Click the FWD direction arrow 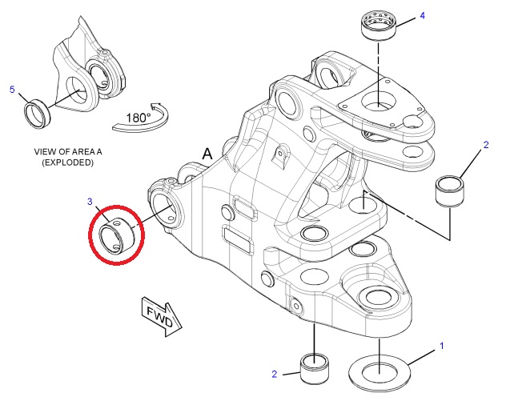[162, 316]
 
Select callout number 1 [442, 346]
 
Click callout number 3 [90, 202]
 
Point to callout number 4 [423, 15]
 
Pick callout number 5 [12, 90]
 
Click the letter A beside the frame [207, 154]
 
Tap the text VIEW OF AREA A [68, 151]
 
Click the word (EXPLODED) [68, 162]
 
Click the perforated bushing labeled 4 [378, 26]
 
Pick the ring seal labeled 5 [38, 114]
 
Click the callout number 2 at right [486, 145]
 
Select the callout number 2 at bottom [275, 374]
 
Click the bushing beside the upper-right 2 [450, 190]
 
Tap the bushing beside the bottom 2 [315, 368]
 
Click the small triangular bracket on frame [280, 156]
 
